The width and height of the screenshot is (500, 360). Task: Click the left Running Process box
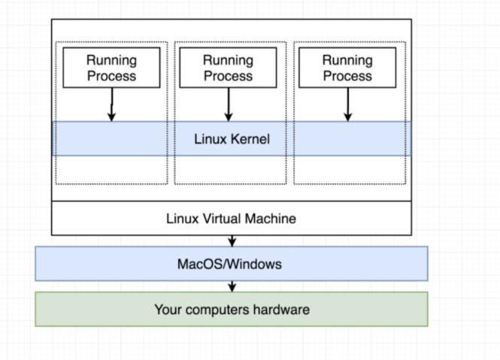111,68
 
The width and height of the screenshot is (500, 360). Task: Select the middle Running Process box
228,68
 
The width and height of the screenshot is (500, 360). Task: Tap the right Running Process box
347,68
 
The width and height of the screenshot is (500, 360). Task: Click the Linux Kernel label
232,139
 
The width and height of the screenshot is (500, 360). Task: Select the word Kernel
249,139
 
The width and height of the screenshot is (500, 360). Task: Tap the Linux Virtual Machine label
231,219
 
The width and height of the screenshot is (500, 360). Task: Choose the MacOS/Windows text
231,264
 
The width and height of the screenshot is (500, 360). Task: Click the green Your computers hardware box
231,309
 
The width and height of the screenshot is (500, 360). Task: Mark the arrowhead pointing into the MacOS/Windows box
232,242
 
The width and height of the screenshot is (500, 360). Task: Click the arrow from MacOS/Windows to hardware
232,286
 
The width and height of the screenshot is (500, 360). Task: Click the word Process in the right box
347,75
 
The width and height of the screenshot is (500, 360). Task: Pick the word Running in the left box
111,60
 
